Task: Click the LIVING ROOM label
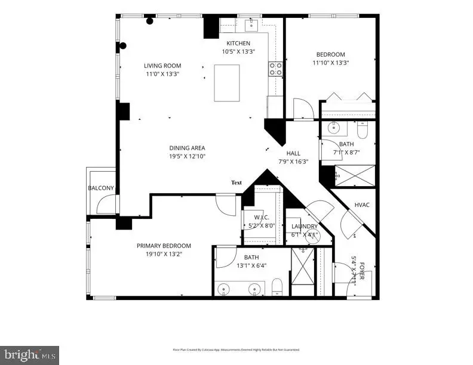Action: [x=162, y=66]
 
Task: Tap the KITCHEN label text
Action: [x=238, y=43]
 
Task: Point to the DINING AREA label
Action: [x=186, y=148]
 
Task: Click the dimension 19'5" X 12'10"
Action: [x=186, y=156]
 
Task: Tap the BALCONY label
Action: [x=101, y=188]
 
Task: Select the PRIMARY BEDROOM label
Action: [x=164, y=246]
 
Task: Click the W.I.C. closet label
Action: [x=263, y=217]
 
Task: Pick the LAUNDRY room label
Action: [x=303, y=227]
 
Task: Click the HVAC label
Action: [x=363, y=205]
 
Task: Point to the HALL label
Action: [x=293, y=153]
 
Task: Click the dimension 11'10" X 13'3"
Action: [x=330, y=62]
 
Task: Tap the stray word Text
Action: [x=236, y=182]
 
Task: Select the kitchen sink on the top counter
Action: [x=251, y=24]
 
